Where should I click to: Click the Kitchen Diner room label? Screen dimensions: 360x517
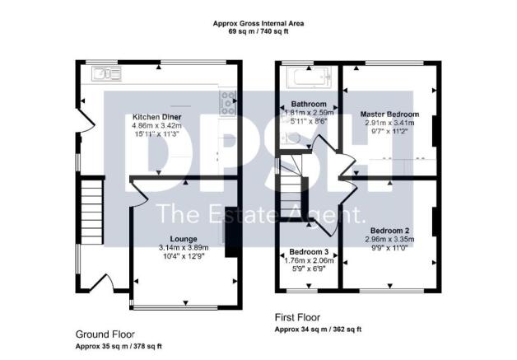(x=157, y=117)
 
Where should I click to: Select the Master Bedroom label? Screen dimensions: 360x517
(x=389, y=114)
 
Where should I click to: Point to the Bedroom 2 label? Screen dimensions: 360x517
(x=391, y=230)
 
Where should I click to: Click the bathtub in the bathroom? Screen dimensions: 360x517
(x=305, y=78)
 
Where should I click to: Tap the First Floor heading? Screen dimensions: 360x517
(x=297, y=316)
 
